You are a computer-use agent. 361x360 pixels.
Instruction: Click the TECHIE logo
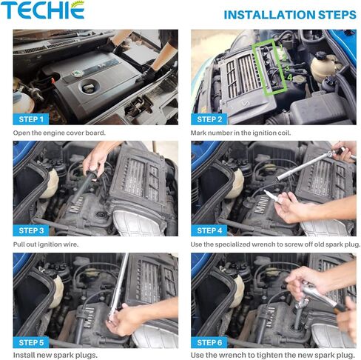click(x=42, y=10)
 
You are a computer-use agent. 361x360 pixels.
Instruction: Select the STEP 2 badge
click(x=210, y=119)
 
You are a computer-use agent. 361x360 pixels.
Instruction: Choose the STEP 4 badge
click(x=210, y=230)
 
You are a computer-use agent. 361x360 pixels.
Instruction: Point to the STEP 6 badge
click(x=210, y=342)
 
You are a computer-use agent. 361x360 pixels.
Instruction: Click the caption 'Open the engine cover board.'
click(x=59, y=133)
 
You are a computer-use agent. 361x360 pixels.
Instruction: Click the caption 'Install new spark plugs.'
click(x=55, y=355)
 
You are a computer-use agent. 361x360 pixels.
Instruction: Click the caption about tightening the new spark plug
click(x=271, y=355)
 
